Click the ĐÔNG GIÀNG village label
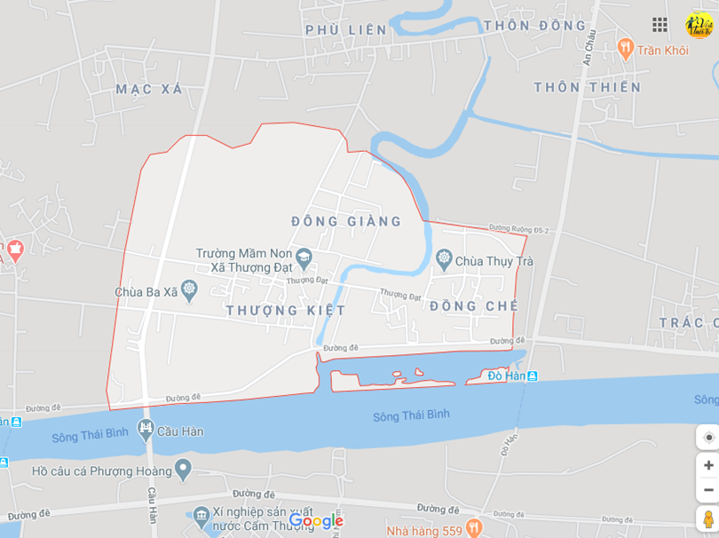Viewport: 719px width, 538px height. point(346,221)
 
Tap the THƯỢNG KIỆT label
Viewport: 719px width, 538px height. point(286,310)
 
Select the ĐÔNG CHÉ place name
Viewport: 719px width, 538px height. point(473,306)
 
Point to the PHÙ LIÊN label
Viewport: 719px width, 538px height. point(346,30)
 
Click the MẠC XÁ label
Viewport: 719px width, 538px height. point(148,89)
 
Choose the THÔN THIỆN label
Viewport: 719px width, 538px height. point(587,87)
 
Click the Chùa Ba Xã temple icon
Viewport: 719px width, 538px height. point(188,290)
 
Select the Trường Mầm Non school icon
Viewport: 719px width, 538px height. point(304,257)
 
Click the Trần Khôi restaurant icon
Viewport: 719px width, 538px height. point(625,49)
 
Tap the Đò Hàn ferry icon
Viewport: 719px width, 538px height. point(532,376)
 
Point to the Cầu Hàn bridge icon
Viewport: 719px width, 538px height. point(146,431)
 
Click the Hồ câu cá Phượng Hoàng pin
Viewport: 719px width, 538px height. point(183,467)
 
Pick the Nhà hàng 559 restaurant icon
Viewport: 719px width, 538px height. point(473,528)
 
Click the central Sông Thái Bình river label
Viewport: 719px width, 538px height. point(411,415)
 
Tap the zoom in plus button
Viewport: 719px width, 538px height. point(708,465)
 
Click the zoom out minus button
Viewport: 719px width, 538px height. point(708,489)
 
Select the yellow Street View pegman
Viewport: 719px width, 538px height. point(707,518)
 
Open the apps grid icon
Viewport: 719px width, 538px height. point(660,25)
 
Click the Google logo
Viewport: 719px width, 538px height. point(316,521)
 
